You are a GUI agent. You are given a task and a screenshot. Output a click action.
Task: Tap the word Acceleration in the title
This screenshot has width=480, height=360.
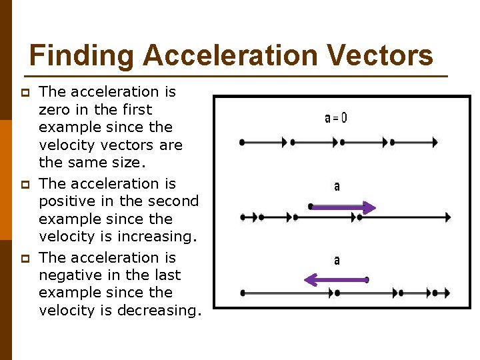click(x=227, y=55)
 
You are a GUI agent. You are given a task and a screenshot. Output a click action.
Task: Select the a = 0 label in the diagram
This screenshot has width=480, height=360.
click(x=335, y=118)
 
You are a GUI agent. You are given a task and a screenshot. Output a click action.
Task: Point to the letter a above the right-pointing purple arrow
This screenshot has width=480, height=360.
click(x=337, y=187)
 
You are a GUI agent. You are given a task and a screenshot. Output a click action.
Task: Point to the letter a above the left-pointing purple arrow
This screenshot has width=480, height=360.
click(x=337, y=260)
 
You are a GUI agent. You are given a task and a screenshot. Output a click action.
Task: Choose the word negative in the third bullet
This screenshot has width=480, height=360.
click(x=69, y=275)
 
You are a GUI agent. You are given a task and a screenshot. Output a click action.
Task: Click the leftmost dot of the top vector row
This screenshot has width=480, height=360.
click(x=242, y=142)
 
